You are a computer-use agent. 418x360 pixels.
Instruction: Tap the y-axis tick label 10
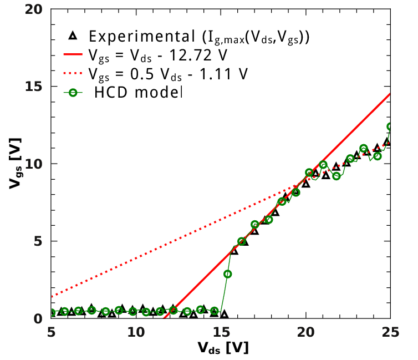click(x=34, y=164)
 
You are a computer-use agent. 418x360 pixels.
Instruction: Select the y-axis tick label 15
click(x=34, y=87)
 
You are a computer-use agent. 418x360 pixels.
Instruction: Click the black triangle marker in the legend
click(x=72, y=37)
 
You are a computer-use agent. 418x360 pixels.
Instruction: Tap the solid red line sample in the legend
click(x=72, y=55)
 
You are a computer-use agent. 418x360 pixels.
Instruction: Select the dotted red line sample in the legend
click(x=72, y=73)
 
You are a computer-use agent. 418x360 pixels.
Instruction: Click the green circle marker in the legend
click(x=72, y=92)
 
